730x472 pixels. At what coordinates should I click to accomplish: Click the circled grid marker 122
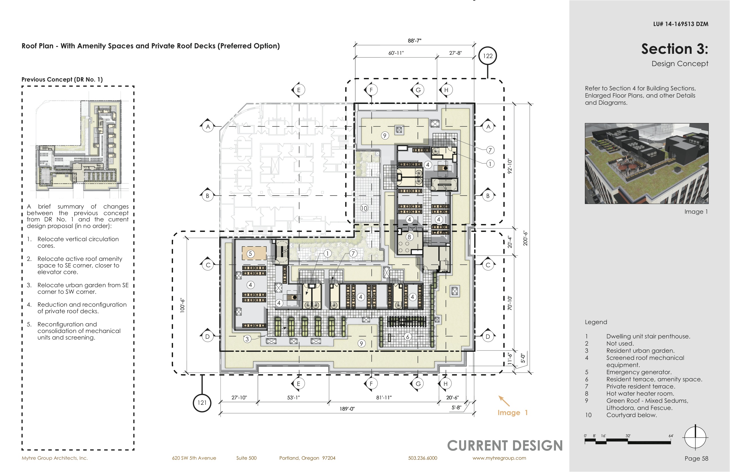click(x=488, y=56)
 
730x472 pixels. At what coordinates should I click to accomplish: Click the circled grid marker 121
click(x=202, y=403)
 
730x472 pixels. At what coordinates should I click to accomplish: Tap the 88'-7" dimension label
click(x=415, y=40)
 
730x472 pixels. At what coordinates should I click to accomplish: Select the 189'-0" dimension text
click(x=347, y=409)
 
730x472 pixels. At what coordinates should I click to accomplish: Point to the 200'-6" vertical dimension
click(x=525, y=238)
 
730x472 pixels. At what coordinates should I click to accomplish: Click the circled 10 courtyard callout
click(x=364, y=209)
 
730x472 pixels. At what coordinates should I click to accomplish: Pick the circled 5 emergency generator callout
click(x=250, y=254)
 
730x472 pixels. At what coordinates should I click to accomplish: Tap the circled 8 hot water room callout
click(x=409, y=237)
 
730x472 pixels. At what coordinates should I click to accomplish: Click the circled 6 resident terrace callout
click(x=408, y=336)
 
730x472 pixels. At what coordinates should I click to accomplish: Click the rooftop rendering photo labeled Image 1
click(x=647, y=163)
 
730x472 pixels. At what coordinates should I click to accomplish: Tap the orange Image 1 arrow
click(x=504, y=401)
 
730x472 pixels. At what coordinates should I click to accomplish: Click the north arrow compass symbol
click(x=695, y=437)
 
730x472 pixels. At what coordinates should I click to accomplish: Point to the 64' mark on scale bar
click(x=671, y=436)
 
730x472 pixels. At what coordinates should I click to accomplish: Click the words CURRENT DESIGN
click(x=505, y=446)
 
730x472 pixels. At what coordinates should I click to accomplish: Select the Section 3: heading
click(x=675, y=49)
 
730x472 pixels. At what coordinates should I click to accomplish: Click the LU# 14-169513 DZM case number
click(x=681, y=24)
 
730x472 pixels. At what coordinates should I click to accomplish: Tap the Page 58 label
click(x=697, y=459)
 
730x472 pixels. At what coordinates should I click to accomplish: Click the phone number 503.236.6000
click(x=423, y=458)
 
